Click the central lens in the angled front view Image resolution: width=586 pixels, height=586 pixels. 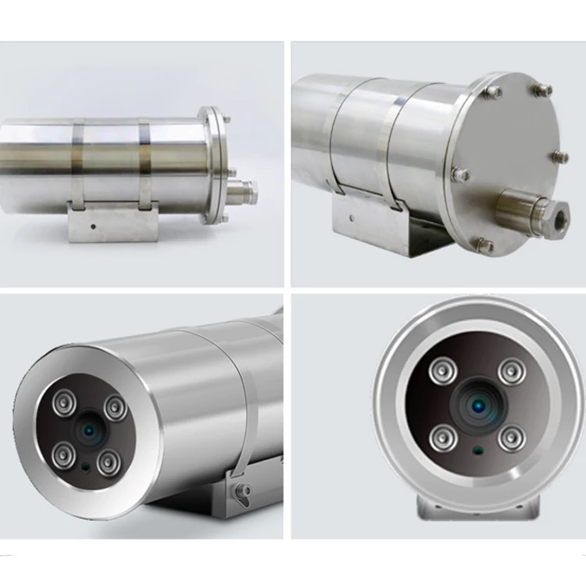tap(88, 429)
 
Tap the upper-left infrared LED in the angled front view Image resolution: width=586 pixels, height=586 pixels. tap(63, 402)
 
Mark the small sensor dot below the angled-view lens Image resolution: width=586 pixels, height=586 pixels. tap(84, 466)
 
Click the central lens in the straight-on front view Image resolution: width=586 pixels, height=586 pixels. tap(475, 404)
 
